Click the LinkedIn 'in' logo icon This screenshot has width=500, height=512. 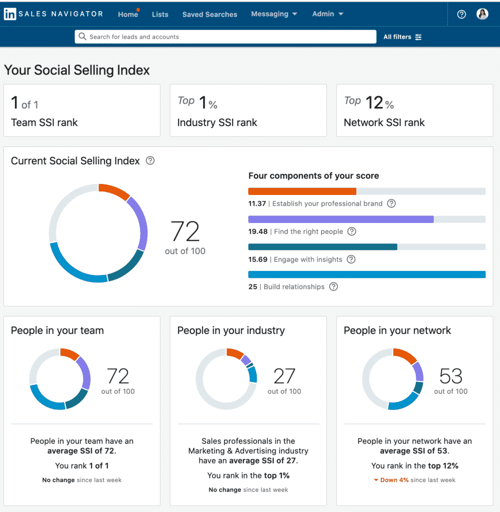(10, 14)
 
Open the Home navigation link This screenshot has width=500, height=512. (128, 14)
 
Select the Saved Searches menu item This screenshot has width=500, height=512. (210, 14)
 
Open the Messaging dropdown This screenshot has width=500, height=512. (274, 14)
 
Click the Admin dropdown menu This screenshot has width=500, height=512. (328, 14)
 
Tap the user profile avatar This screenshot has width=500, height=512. (482, 14)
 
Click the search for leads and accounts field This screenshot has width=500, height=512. (225, 37)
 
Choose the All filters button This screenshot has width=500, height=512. (402, 37)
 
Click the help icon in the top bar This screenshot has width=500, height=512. (461, 14)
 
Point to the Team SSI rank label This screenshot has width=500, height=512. (45, 122)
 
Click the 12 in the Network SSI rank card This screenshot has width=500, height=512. (374, 103)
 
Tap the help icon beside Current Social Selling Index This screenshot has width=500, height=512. (150, 161)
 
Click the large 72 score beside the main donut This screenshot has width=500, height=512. (185, 232)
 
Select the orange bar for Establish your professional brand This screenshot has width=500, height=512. (302, 191)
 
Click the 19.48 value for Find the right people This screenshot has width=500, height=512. (258, 231)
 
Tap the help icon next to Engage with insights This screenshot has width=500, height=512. (351, 259)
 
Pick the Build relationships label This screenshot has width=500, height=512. (294, 287)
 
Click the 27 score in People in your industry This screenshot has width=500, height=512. (284, 376)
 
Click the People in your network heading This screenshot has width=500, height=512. (397, 330)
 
